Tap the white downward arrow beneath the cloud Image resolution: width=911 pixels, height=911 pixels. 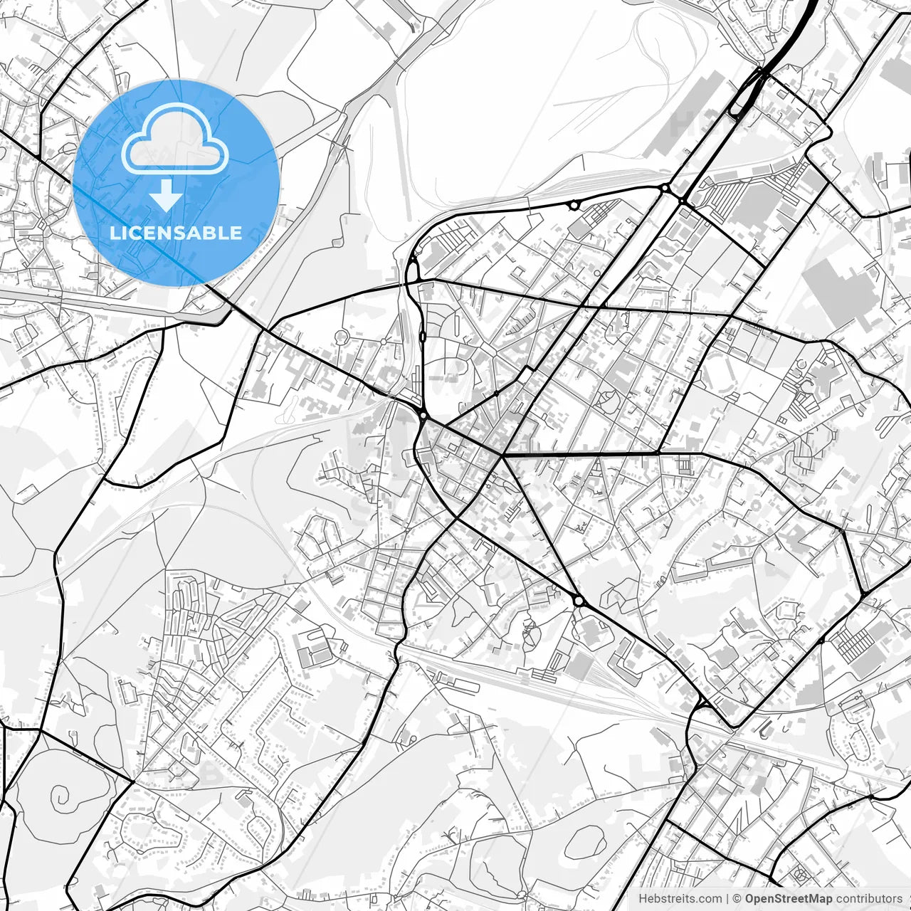tap(166, 195)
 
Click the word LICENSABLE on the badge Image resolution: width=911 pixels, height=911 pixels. tap(175, 233)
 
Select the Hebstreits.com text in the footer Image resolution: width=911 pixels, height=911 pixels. tap(680, 899)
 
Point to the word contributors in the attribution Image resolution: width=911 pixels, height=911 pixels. tap(869, 899)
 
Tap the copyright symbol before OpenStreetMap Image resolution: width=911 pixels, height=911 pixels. tap(737, 899)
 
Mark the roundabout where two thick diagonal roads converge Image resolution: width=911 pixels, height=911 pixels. tap(579, 601)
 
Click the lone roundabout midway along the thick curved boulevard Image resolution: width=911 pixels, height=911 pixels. tap(574, 205)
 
